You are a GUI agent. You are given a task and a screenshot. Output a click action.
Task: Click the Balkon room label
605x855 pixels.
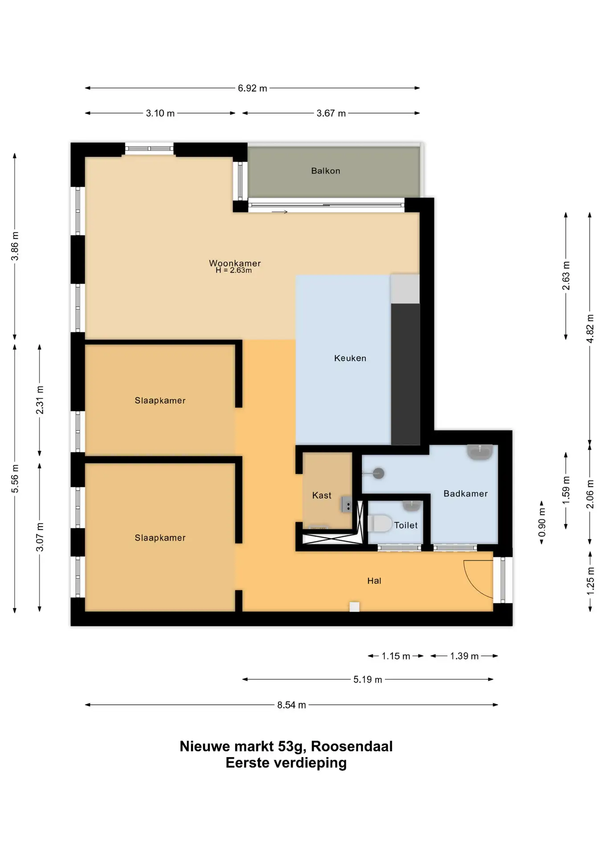click(325, 171)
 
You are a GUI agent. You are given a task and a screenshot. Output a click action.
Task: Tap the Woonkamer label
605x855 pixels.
click(235, 263)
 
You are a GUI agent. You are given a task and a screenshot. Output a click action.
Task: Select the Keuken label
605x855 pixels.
click(350, 358)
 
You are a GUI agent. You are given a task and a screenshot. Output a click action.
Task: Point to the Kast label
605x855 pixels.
click(322, 495)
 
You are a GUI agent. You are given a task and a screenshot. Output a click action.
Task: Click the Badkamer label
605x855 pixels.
click(466, 493)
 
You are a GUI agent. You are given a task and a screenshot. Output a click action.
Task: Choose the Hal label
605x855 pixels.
click(374, 581)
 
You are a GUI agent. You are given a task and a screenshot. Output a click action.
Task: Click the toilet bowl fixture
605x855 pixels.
click(380, 523)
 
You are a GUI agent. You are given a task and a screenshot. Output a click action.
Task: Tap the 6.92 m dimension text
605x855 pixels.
click(253, 88)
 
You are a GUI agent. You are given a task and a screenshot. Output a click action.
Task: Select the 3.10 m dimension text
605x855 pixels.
click(160, 113)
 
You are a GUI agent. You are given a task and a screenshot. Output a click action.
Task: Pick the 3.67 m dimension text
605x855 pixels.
click(331, 113)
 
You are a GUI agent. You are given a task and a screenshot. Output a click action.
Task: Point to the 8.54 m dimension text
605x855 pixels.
click(292, 705)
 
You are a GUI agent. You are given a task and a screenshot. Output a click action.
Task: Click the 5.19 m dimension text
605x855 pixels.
click(368, 680)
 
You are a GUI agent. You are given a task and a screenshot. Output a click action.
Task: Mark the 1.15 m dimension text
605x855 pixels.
click(396, 656)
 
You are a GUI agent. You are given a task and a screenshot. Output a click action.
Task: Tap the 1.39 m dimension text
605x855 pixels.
click(464, 656)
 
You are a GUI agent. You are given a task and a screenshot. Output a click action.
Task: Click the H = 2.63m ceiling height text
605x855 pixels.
click(234, 270)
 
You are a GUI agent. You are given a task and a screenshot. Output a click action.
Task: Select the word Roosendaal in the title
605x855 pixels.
click(352, 746)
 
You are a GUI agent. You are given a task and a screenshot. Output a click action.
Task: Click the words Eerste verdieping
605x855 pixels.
click(286, 763)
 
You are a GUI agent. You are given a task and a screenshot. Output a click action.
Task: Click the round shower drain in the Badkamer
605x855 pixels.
click(379, 473)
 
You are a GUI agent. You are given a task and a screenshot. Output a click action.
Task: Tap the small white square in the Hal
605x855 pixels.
click(355, 607)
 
